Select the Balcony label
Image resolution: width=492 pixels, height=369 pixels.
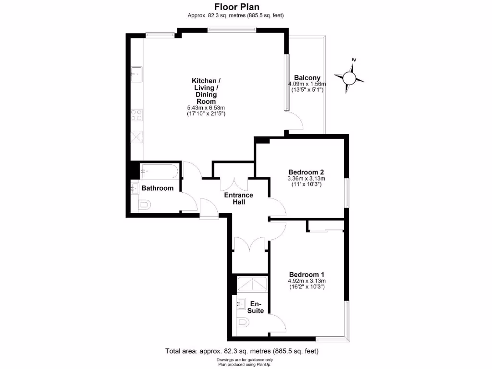tap(307, 78)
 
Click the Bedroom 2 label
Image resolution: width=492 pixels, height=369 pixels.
tap(306, 172)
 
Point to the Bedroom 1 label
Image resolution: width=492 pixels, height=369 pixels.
tap(307, 274)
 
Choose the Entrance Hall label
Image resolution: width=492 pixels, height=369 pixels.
tap(239, 198)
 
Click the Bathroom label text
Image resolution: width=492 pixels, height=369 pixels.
tap(157, 188)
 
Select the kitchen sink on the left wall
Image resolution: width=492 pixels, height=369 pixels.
tap(136, 74)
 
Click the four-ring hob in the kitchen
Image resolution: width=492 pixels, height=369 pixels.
tap(136, 115)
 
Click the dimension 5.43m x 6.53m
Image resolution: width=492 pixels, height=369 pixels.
tap(206, 108)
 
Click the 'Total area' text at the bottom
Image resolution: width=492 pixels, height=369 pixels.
tap(241, 351)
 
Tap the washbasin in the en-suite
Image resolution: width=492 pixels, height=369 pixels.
tap(241, 303)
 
